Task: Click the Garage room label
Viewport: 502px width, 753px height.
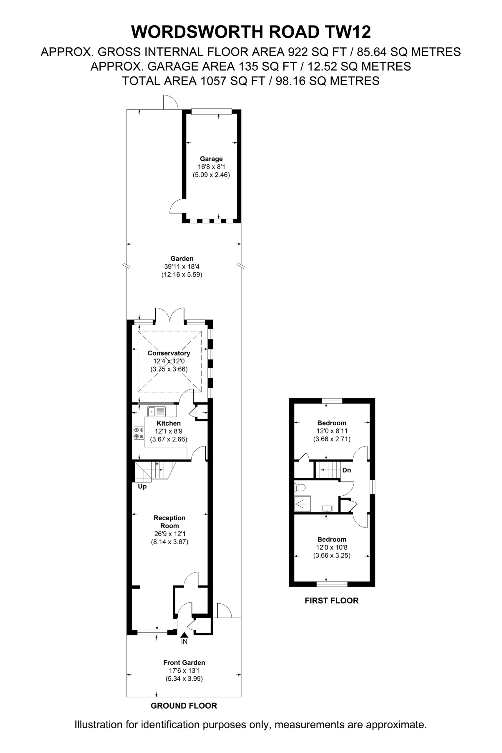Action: point(211,159)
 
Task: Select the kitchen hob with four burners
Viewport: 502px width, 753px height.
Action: point(139,433)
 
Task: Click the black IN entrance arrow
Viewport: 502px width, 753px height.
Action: point(184,635)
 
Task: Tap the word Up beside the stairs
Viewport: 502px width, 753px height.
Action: point(142,487)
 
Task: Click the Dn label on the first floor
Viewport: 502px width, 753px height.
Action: point(347,470)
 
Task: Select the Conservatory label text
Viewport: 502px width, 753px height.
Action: point(169,353)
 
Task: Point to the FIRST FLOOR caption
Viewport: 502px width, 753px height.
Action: point(332,600)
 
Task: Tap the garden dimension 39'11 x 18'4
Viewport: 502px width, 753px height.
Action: point(182,266)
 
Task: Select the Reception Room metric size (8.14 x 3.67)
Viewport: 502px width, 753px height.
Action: point(170,542)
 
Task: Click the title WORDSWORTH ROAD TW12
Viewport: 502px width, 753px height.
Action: point(251,32)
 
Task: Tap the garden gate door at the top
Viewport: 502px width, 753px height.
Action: point(170,102)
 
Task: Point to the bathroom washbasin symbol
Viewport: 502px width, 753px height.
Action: point(327,508)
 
